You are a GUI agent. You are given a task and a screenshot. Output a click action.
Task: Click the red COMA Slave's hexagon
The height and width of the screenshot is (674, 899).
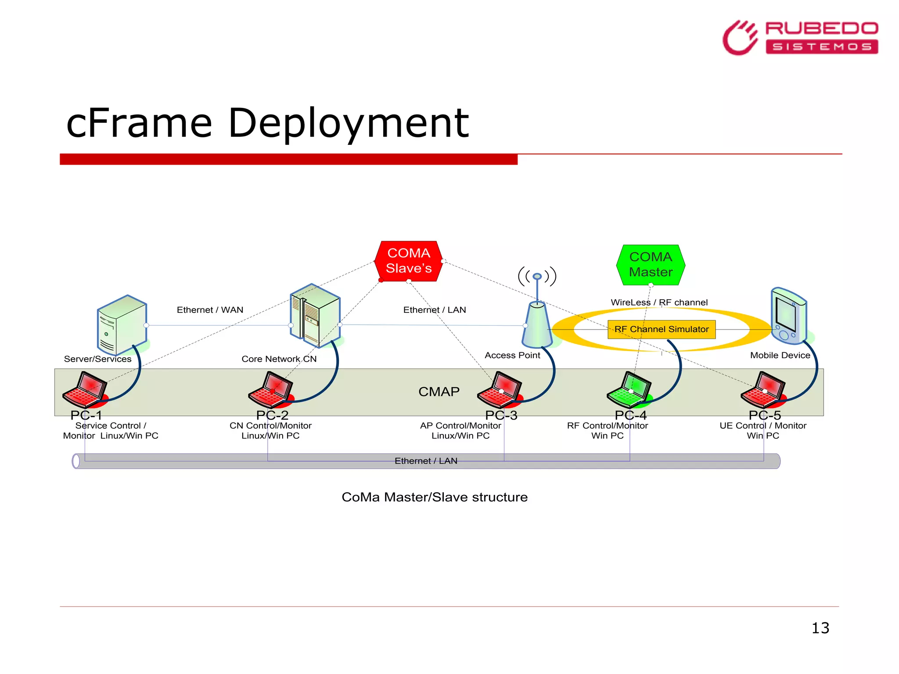pyautogui.click(x=409, y=261)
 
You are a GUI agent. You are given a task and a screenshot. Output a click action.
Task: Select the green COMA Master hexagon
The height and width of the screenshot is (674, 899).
pyautogui.click(x=651, y=265)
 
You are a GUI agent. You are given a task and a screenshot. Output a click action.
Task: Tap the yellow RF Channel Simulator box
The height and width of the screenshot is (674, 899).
pyautogui.click(x=662, y=330)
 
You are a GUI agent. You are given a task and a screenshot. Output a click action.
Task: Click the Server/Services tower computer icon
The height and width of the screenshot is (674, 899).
pyautogui.click(x=122, y=325)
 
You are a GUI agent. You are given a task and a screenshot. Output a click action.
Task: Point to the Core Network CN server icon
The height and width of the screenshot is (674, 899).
pyautogui.click(x=315, y=316)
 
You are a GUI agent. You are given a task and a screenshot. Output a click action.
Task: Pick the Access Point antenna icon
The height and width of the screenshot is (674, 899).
pyautogui.click(x=537, y=316)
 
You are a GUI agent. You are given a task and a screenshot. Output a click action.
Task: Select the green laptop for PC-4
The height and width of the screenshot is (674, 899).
pyautogui.click(x=629, y=390)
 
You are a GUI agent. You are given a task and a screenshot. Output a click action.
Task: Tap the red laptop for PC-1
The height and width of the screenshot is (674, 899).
pyautogui.click(x=85, y=390)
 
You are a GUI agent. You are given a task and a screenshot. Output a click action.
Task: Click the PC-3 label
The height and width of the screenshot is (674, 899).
pyautogui.click(x=501, y=415)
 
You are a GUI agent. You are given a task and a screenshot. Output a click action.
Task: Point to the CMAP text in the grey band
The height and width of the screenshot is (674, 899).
pyautogui.click(x=439, y=391)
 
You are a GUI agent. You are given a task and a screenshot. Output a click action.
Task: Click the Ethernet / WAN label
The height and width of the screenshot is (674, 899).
pyautogui.click(x=210, y=310)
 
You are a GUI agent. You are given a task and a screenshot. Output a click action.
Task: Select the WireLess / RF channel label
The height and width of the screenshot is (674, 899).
pyautogui.click(x=659, y=302)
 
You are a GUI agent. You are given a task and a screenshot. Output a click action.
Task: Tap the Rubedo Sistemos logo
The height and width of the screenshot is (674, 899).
pyautogui.click(x=800, y=38)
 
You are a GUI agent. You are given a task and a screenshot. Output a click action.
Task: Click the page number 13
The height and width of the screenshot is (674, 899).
pyautogui.click(x=820, y=628)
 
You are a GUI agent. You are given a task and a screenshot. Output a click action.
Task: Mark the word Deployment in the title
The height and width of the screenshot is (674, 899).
pyautogui.click(x=349, y=124)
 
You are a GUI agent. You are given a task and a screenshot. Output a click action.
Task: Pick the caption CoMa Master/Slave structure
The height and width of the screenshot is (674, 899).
pyautogui.click(x=435, y=497)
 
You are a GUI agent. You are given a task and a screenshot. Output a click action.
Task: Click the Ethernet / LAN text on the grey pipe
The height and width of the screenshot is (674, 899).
pyautogui.click(x=426, y=461)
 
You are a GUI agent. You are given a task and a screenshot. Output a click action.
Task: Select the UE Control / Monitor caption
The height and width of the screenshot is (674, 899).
pyautogui.click(x=763, y=426)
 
